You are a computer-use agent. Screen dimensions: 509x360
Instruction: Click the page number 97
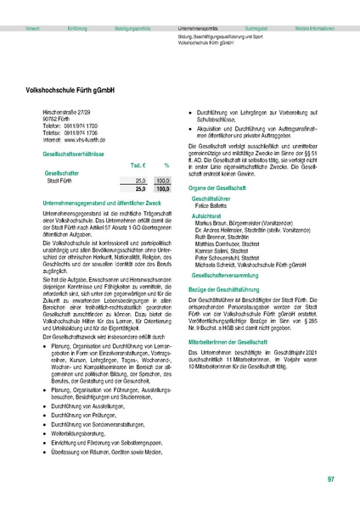pos(330,480)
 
